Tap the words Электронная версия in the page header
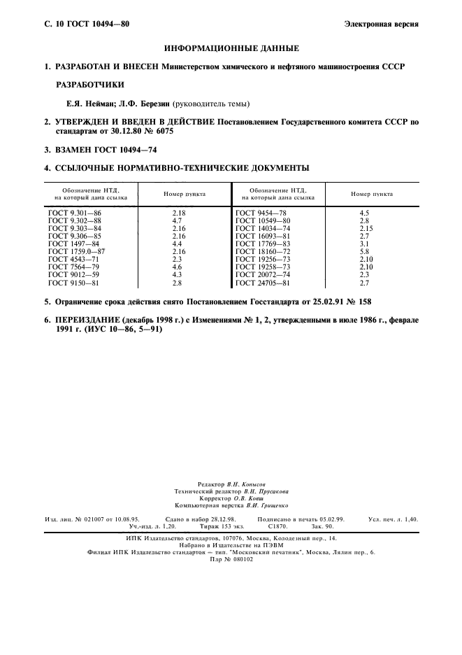click(x=382, y=24)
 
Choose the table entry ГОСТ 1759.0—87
click(x=77, y=250)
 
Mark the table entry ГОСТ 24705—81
click(x=262, y=283)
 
